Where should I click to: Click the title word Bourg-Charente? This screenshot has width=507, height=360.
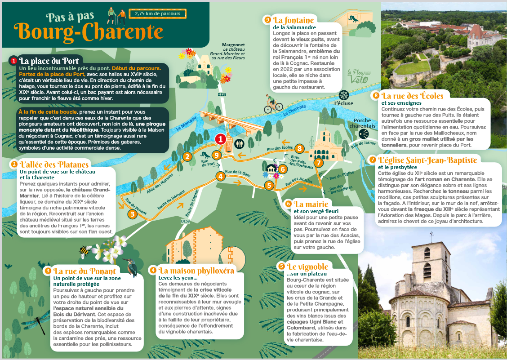pyautogui.click(x=89, y=31)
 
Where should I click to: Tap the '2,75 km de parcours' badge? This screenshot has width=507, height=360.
pyautogui.click(x=157, y=13)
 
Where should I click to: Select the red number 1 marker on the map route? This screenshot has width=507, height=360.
pyautogui.click(x=220, y=139)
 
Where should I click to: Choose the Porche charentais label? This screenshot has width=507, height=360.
pyautogui.click(x=365, y=123)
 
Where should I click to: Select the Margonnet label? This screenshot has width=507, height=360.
pyautogui.click(x=233, y=45)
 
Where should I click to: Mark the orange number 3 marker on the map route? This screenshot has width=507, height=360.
pyautogui.click(x=132, y=214)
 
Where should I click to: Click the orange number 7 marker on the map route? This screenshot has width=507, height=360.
pyautogui.click(x=318, y=163)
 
